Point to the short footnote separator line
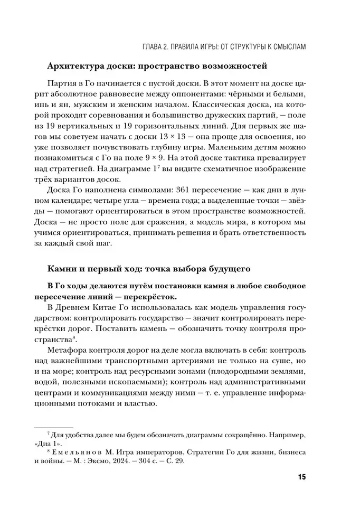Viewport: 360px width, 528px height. pyautogui.click(x=54, y=427)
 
